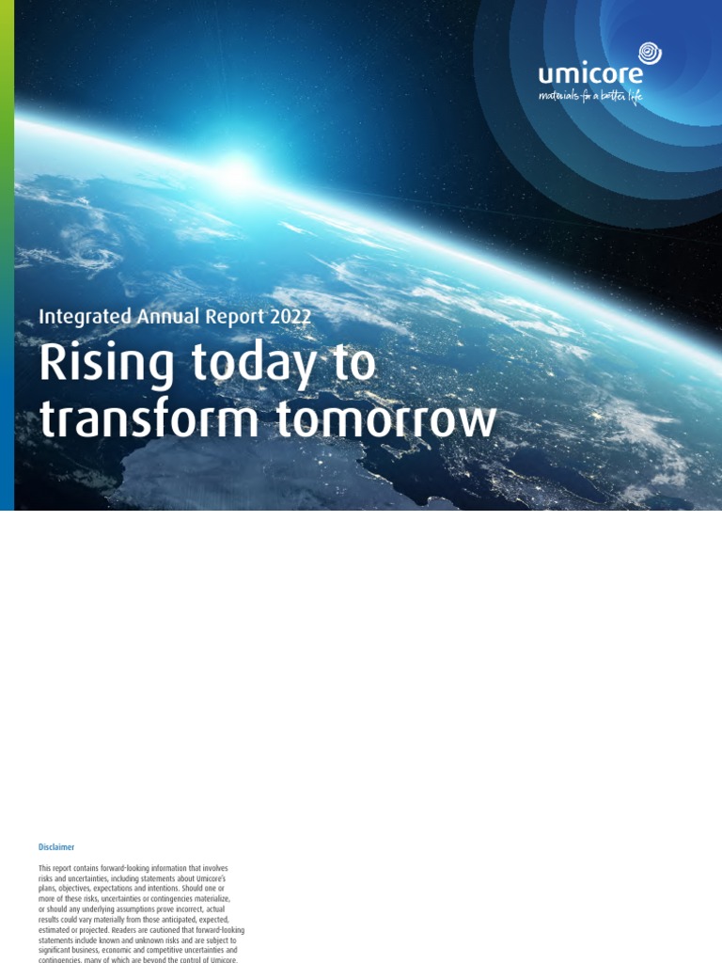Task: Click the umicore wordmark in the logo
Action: coord(590,75)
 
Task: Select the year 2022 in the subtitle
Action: coord(290,317)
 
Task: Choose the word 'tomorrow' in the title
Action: coord(385,421)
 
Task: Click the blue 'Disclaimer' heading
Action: coord(56,847)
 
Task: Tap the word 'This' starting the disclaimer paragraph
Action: coord(45,868)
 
